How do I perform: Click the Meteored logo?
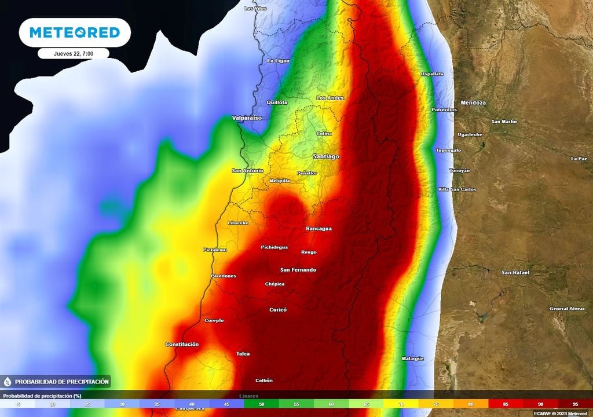pos(74,32)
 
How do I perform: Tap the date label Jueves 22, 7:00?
pos(74,53)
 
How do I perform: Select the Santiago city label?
pos(325,157)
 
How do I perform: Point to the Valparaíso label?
pos(247,118)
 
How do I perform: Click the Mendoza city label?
pos(473,103)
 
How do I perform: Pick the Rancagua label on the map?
pos(319,228)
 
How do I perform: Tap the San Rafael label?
pos(515,272)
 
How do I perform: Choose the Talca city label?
pos(243,353)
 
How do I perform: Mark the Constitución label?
pos(182,344)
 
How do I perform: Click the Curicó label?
pos(278,310)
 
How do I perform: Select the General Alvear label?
pos(568,309)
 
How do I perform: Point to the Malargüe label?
pos(413,359)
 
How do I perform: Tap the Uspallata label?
pos(432,74)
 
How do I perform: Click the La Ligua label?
pos(278,61)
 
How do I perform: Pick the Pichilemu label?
pos(215,250)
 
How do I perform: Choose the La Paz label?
pos(579,159)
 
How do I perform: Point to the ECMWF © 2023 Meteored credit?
pos(561,414)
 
